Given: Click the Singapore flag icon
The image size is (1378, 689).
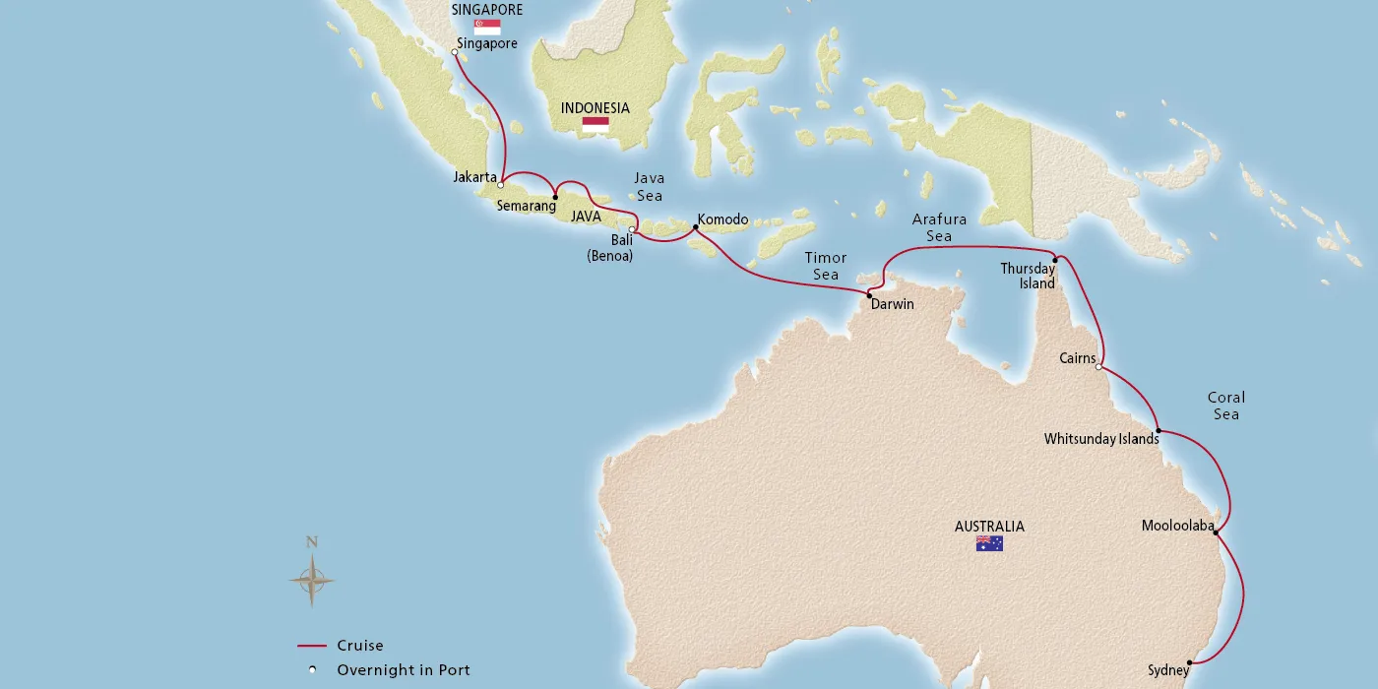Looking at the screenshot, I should tap(486, 28).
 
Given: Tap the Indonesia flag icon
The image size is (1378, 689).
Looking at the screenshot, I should tap(595, 125).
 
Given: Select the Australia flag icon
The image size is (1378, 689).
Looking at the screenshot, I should tap(989, 543).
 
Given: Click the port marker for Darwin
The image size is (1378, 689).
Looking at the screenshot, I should tap(869, 294).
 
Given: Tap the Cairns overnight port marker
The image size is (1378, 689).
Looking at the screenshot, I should tap(1099, 367).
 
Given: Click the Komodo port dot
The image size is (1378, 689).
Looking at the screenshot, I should tap(696, 228).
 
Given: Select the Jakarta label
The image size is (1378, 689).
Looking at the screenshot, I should tap(474, 177).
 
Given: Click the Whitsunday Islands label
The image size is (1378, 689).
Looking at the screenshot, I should tap(1101, 439).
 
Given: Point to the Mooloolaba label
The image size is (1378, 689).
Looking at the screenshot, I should tap(1177, 526).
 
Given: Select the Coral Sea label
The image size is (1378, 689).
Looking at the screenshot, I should tap(1225, 406).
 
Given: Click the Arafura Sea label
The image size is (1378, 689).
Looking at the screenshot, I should tap(938, 227).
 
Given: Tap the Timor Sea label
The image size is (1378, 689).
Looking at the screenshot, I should tap(825, 266).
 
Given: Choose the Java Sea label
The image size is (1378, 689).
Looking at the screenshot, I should tap(649, 186).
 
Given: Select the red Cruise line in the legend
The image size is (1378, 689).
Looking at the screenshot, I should tap(311, 647).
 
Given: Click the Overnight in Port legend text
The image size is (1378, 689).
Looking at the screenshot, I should tap(404, 670).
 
